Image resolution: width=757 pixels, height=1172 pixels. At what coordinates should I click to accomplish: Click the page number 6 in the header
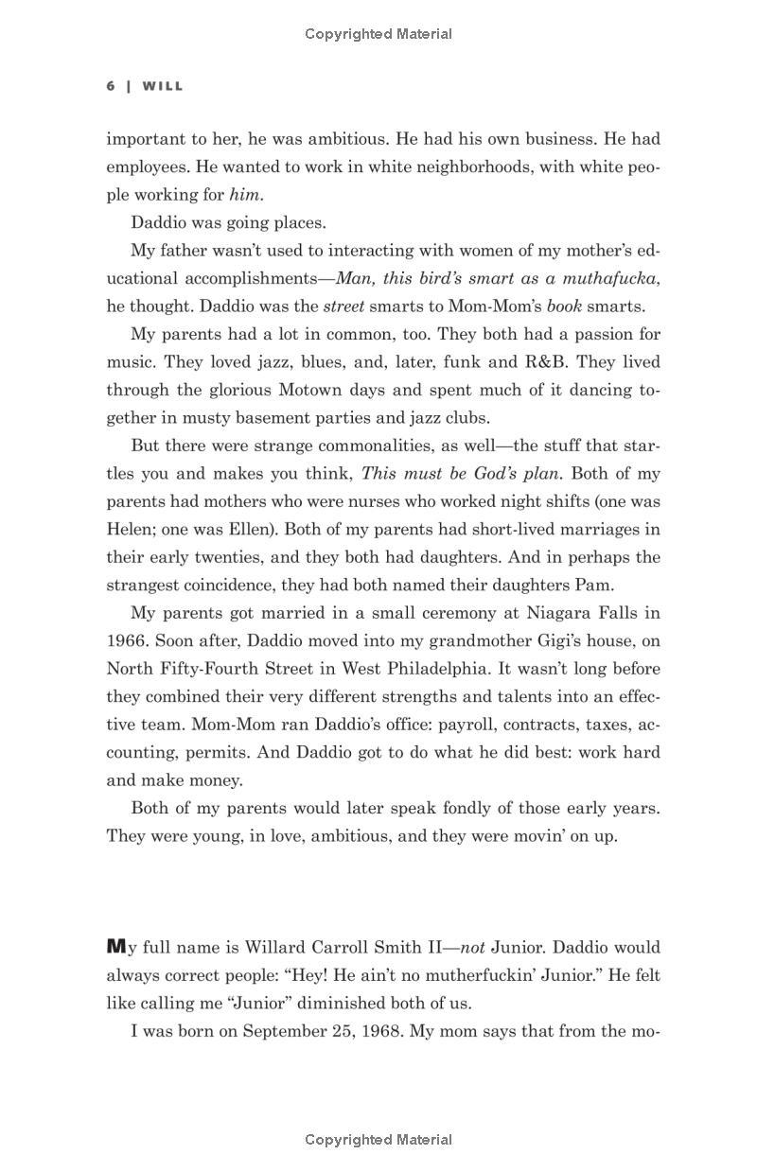111,86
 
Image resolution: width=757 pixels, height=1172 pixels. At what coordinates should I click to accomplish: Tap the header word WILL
163,86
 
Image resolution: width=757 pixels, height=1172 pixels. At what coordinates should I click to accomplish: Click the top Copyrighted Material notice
378,34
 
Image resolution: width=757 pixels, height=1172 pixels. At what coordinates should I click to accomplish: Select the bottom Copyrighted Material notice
378,1140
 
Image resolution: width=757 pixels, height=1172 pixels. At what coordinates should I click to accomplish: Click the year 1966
128,641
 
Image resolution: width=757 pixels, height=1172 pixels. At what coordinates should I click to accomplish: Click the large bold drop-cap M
115,947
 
